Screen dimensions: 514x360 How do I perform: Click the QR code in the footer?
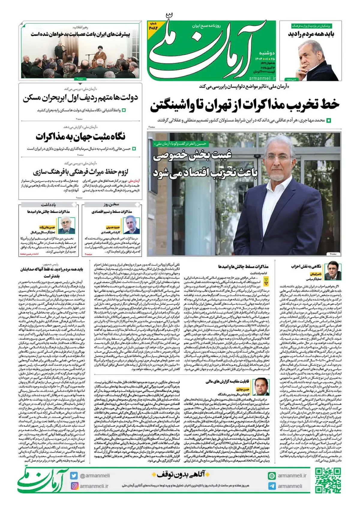328,480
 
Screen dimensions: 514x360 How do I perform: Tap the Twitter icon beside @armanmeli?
74,476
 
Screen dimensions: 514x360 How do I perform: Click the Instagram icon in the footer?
74,486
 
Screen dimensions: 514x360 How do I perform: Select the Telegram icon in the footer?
272,486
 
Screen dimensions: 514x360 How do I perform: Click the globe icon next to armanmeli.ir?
272,476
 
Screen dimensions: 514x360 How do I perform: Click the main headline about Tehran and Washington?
245,105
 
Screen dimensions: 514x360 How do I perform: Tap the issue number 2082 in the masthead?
153,27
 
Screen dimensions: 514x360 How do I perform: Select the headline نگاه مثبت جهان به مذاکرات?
80,137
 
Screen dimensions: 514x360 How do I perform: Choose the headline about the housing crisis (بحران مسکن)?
80,98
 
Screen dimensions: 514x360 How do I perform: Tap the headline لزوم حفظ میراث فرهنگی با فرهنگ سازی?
80,172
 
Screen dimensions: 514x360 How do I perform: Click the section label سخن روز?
111,205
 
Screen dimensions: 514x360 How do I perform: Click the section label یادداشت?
48,205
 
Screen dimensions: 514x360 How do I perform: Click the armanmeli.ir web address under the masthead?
262,78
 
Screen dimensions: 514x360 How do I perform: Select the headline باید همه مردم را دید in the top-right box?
311,34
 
